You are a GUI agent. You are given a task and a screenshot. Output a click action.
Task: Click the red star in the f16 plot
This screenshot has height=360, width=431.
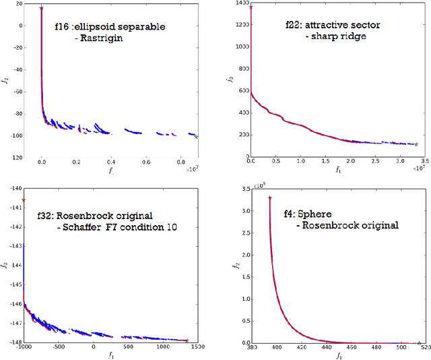(x=42, y=9)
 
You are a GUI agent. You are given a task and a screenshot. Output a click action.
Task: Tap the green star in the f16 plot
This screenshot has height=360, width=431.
(x=196, y=137)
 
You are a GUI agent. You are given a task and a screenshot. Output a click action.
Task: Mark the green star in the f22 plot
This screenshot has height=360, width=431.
(x=416, y=144)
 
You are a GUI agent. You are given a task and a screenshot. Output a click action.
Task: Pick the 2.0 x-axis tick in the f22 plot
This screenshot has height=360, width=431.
(x=350, y=162)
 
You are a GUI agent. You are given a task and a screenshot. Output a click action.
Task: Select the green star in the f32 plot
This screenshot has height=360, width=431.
(x=187, y=340)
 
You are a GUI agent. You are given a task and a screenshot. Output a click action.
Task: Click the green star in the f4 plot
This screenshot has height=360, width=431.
(x=419, y=342)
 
